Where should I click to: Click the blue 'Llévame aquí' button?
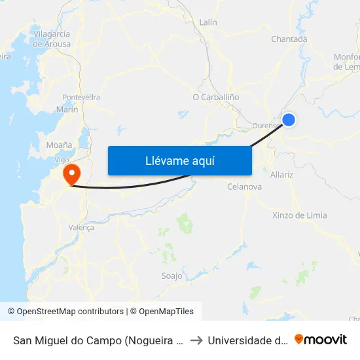179,160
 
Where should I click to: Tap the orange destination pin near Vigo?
71,174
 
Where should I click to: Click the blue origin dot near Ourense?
288,119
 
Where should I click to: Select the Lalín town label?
207,22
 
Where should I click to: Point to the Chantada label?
289,39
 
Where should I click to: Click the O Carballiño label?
216,97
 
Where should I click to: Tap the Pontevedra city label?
81,97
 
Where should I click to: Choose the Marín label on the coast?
67,109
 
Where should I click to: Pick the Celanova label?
244,187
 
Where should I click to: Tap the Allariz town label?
281,175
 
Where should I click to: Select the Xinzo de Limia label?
299,215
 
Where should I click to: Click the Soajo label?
171,276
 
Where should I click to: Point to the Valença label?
81,228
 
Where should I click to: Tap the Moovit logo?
321,339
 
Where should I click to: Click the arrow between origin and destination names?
196,340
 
